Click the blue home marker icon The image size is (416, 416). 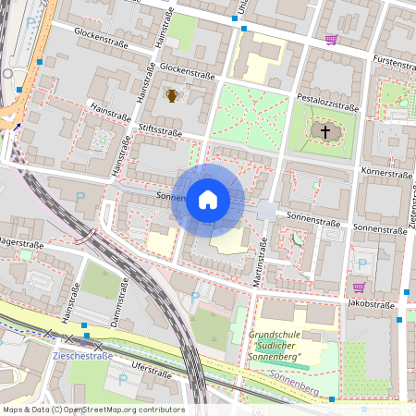coord(208,200)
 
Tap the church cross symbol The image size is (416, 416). coord(324,133)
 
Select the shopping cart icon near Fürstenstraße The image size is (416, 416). coord(331,40)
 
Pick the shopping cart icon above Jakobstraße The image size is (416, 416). coord(359,288)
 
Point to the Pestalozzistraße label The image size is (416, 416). coord(327,103)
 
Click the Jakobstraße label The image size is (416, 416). coord(372,303)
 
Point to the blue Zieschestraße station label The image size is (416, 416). coord(82,355)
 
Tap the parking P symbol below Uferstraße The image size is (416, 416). coord(123,379)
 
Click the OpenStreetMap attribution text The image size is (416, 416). coord(93,410)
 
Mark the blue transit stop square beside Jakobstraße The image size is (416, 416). coord(399,319)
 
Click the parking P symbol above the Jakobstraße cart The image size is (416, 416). coord(361,263)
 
